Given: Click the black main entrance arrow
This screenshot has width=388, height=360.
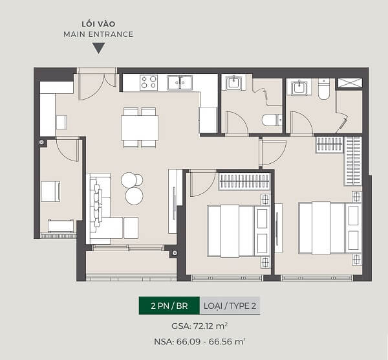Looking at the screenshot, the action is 98,47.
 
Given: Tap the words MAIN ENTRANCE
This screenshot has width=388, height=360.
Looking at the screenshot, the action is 98,34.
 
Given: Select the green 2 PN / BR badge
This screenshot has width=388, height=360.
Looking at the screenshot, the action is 169,306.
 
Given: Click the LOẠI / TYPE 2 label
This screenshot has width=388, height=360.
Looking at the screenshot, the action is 230,306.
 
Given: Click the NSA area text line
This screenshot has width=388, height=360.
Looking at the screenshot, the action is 199,341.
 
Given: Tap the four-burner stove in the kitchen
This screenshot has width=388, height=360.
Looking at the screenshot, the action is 149,82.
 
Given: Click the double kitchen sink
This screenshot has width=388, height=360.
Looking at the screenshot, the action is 180,82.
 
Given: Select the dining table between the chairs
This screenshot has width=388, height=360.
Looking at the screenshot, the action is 140,128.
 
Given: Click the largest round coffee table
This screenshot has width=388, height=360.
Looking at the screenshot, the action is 134,196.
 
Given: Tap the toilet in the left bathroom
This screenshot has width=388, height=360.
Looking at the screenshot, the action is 272,120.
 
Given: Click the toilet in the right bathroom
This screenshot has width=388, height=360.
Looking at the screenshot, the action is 324,89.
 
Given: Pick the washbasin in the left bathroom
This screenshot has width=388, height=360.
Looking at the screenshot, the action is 233,83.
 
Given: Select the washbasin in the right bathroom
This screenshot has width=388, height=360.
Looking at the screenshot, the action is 299,87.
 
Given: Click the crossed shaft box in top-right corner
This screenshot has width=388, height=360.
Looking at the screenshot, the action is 350,83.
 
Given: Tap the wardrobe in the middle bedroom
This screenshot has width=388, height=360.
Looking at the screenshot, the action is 244,181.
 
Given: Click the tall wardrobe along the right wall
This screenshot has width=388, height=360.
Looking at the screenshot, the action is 353,161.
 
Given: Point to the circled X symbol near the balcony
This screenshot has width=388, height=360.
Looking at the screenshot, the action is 175,253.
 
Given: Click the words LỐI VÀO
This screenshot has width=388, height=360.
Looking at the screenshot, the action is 98,24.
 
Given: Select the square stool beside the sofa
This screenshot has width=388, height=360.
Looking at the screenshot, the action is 131,228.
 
